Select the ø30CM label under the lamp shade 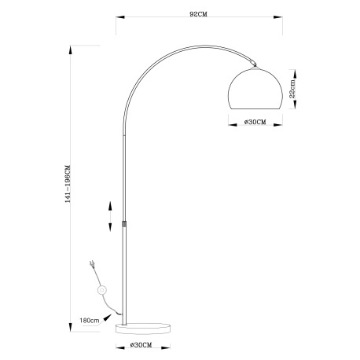click(x=255, y=122)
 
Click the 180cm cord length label click(x=89, y=321)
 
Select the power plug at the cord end click(x=93, y=265)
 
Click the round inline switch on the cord click(x=101, y=291)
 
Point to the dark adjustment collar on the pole click(x=124, y=222)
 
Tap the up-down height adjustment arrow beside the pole click(x=110, y=214)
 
